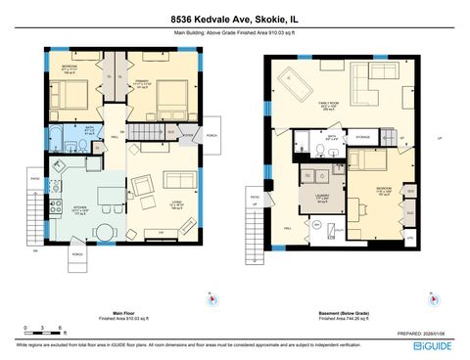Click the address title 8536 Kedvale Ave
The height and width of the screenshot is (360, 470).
tap(234, 19)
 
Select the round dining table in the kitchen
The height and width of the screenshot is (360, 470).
tap(103, 232)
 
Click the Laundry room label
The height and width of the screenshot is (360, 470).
tap(322, 200)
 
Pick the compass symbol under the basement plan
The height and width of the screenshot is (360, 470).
tap(428, 298)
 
